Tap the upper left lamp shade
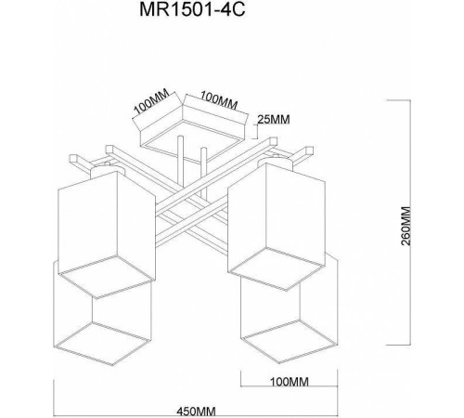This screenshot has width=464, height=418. [x=104, y=228]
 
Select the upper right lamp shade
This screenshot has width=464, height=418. [x=277, y=218]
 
